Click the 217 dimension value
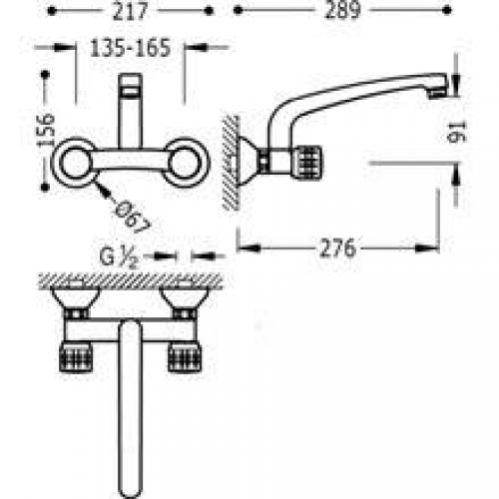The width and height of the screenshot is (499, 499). coord(130,11)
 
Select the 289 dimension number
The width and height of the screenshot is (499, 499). coord(342,10)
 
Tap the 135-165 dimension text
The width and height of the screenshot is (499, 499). coord(131,48)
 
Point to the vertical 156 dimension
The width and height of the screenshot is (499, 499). coord(45,129)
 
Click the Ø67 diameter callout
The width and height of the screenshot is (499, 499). coord(132,217)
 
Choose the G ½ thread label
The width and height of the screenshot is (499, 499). coord(119,257)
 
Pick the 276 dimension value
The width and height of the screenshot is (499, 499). coord(337,249)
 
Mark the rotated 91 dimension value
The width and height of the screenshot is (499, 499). coord(457,132)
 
